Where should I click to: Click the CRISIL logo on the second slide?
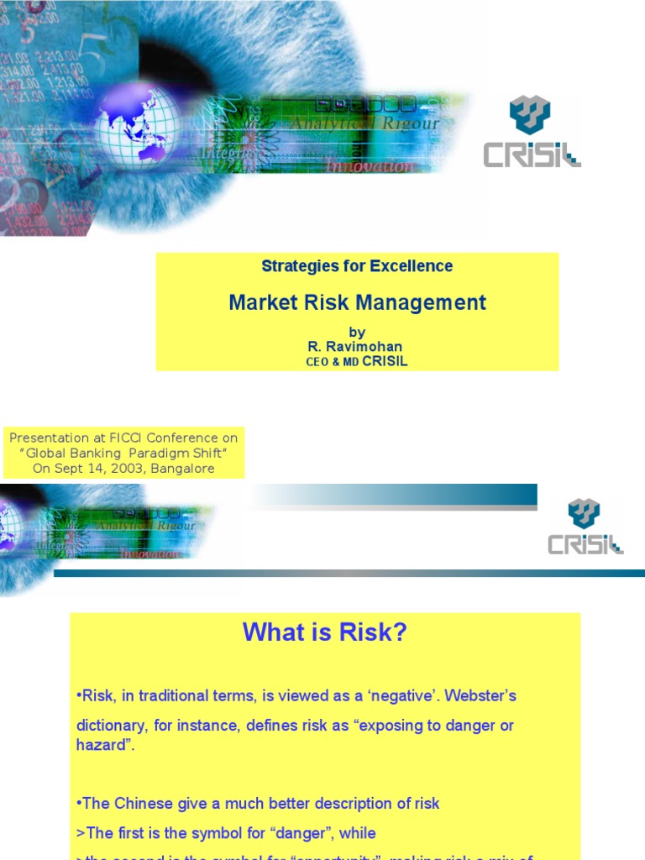(585, 527)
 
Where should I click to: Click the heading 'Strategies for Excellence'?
(357, 266)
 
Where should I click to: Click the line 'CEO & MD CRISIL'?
(357, 362)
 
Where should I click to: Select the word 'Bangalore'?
(182, 469)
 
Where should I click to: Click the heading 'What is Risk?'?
(324, 632)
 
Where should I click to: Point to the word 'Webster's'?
(489, 696)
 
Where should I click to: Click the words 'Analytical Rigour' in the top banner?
(364, 124)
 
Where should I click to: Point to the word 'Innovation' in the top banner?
(370, 166)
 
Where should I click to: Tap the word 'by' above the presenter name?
(357, 333)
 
